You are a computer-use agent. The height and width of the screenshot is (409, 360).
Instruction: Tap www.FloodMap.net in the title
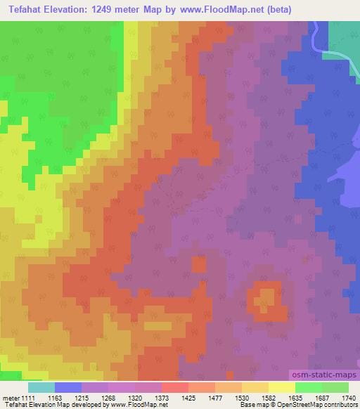click(x=214, y=10)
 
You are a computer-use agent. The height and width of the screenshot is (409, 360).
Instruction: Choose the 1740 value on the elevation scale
click(x=349, y=398)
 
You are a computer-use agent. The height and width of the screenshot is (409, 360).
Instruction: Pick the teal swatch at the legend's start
click(x=41, y=387)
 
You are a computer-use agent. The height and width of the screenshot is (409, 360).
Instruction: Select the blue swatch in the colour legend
click(x=68, y=387)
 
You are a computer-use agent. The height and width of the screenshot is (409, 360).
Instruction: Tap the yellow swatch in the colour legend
click(x=281, y=387)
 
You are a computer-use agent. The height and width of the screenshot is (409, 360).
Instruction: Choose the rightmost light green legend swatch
click(x=335, y=387)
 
